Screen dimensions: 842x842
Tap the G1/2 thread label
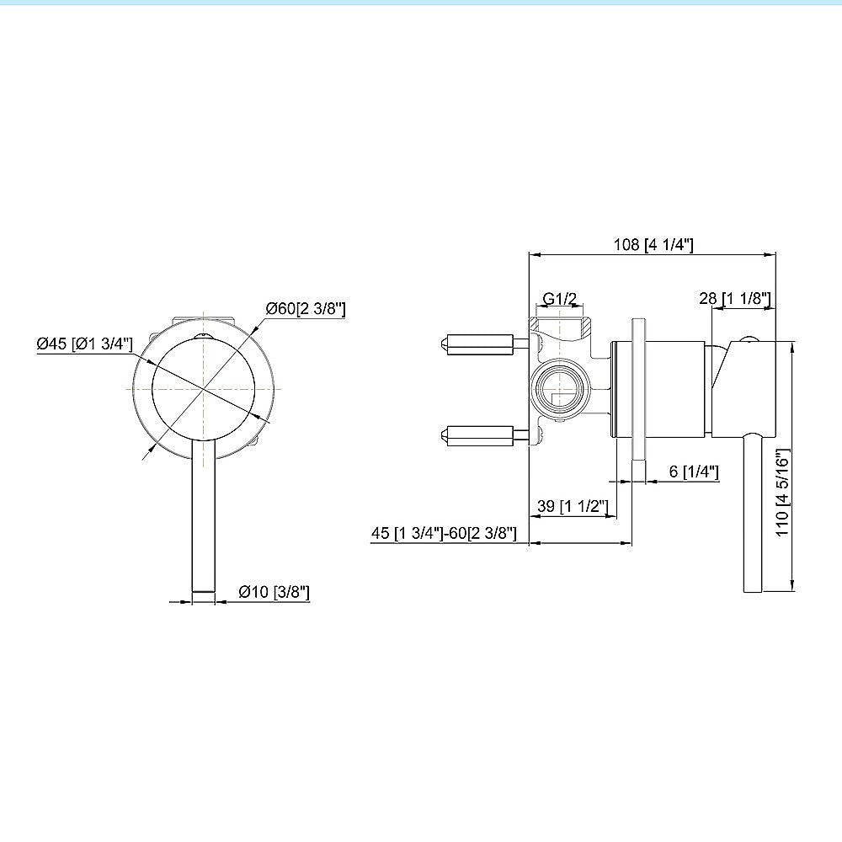[559, 299]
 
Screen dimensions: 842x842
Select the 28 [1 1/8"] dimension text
[734, 298]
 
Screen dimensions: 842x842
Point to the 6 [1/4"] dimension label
[694, 472]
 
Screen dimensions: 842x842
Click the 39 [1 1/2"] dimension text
[573, 506]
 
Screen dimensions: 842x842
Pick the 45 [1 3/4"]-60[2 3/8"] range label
[443, 533]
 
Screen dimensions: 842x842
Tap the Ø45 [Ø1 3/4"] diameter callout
[84, 344]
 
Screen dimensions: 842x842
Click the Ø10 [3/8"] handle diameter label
[274, 592]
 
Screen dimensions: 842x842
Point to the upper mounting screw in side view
[478, 343]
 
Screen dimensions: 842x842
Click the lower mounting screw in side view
[478, 434]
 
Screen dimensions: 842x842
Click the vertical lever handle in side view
[752, 514]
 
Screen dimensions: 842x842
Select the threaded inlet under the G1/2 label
[560, 325]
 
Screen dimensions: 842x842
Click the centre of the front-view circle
[204, 389]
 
